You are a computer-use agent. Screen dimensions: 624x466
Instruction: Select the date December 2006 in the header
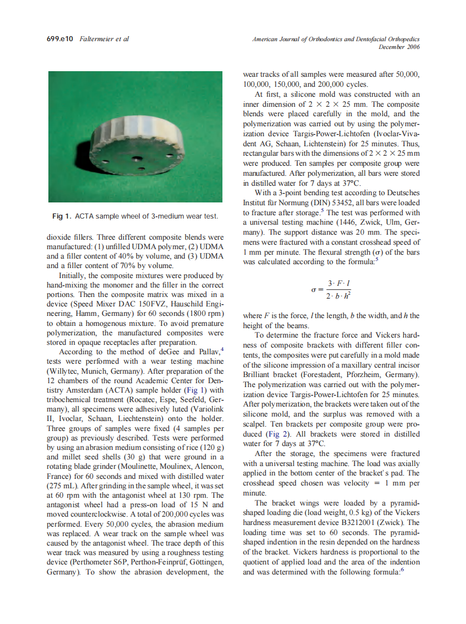pos(399,47)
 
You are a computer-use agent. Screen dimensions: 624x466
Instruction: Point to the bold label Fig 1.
pos(62,216)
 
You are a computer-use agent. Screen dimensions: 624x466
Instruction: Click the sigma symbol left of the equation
pos(314,290)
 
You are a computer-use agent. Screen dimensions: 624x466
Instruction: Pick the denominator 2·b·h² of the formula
pos(339,296)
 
